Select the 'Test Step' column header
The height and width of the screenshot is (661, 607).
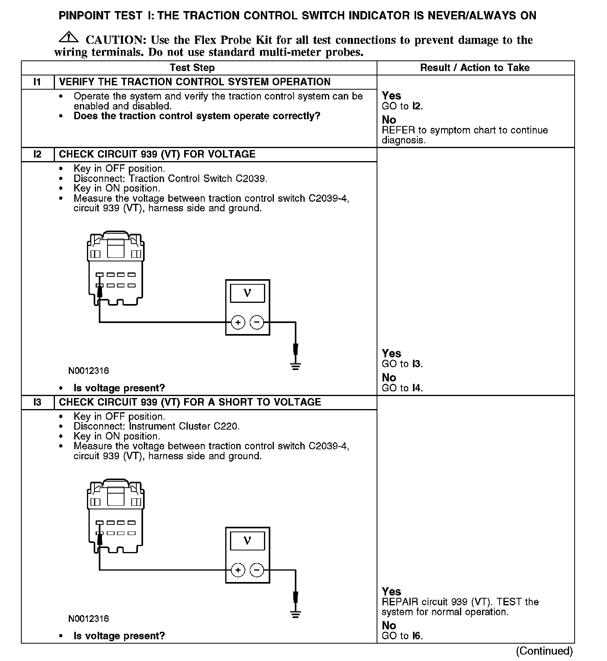192,68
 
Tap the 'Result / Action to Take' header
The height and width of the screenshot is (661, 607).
475,68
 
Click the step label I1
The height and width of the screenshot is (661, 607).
37,82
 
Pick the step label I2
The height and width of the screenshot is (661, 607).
37,154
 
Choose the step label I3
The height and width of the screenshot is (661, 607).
37,402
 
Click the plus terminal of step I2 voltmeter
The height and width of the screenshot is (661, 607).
238,323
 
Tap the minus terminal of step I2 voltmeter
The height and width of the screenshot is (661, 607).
257,323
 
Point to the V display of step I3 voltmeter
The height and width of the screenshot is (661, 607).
247,540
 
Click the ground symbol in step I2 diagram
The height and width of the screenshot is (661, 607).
295,366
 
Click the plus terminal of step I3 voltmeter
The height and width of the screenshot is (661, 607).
238,570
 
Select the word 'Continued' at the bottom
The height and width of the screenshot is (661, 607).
544,651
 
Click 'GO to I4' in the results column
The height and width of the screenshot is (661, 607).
402,388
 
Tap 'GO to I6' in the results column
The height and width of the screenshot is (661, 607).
402,636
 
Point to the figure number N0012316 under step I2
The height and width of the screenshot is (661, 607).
89,371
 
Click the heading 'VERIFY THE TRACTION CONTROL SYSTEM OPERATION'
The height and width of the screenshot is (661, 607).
194,82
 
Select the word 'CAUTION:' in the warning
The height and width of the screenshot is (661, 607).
116,40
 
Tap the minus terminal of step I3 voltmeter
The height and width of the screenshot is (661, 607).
257,570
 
